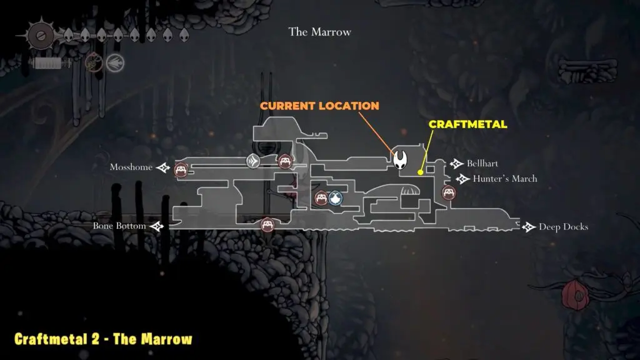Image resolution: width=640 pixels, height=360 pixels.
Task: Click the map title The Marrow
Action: (x=319, y=32)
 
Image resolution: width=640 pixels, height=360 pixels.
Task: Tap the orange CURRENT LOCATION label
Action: (x=319, y=106)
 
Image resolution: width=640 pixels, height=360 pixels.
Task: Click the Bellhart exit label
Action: (x=482, y=164)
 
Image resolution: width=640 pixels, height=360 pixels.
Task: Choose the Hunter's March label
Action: (x=505, y=179)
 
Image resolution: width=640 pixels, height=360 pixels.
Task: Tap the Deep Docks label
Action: (x=563, y=227)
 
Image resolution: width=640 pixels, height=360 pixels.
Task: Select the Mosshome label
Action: (x=131, y=167)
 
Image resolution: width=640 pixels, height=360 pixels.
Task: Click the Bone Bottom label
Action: (x=119, y=226)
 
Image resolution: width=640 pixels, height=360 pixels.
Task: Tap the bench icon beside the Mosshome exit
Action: (x=181, y=169)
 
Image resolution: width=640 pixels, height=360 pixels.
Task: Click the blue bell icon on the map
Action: (x=336, y=199)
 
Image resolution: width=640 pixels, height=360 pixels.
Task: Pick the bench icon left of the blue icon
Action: (x=321, y=199)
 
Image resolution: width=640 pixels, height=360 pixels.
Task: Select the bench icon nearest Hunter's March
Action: (x=447, y=192)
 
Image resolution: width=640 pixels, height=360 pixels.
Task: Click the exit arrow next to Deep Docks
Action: (x=529, y=227)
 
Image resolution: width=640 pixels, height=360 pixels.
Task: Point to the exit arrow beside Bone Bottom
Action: (x=156, y=226)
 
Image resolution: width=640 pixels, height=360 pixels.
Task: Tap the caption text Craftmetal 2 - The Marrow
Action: (x=103, y=339)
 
